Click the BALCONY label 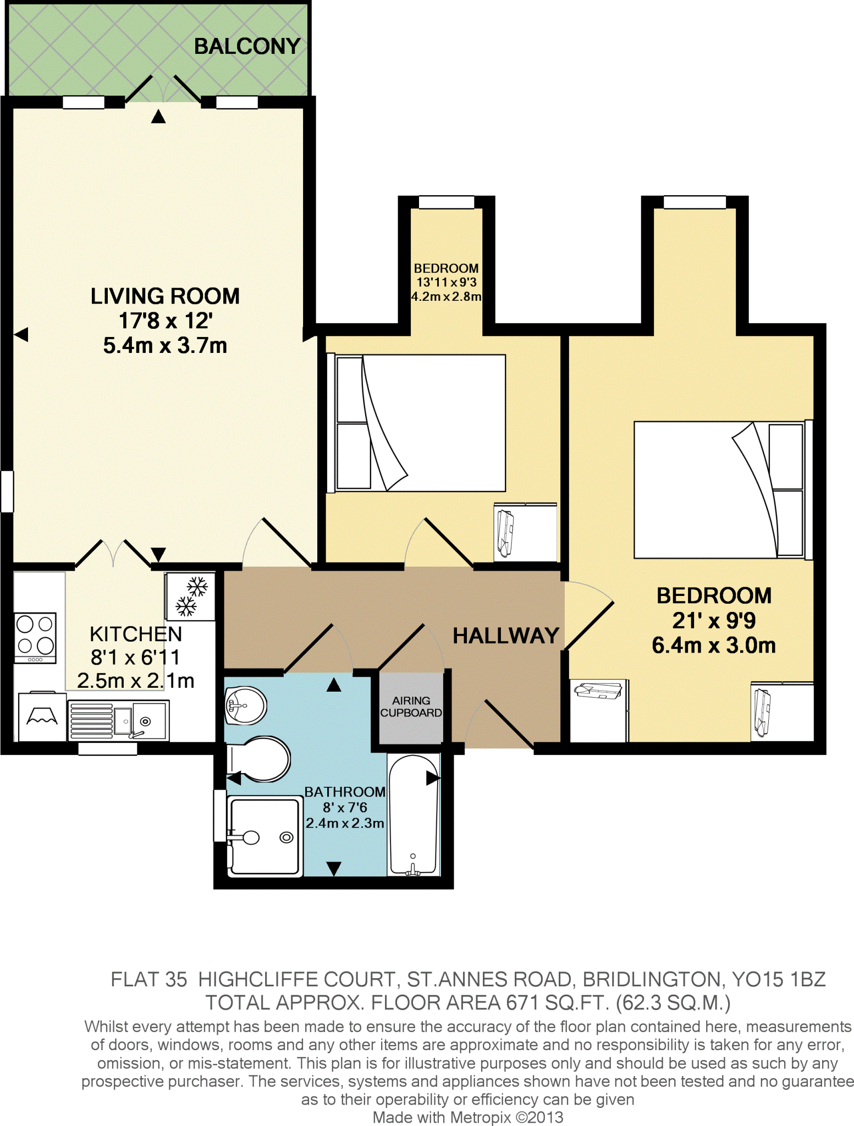click(x=247, y=46)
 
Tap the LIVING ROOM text click(x=165, y=296)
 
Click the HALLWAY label click(x=505, y=636)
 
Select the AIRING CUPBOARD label click(x=411, y=706)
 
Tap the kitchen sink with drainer click(x=118, y=720)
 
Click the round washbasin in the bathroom click(x=246, y=705)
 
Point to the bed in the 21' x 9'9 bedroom click(x=718, y=489)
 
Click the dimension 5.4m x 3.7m click(x=165, y=346)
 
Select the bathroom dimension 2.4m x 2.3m click(x=345, y=823)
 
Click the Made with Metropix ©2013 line click(x=467, y=1117)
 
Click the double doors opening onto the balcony click(x=163, y=90)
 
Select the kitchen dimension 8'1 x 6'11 click(x=135, y=658)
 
